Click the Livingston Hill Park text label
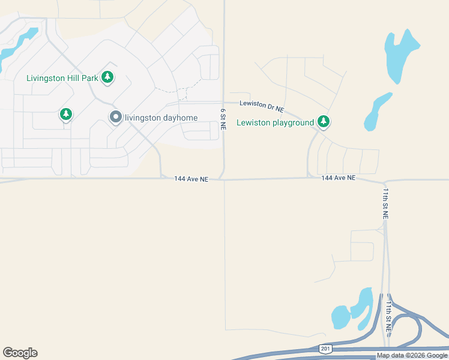[62, 77]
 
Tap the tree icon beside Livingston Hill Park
[107, 77]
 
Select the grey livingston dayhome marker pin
[115, 118]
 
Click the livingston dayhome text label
[161, 118]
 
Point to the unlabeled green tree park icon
[66, 114]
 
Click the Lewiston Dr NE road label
[261, 106]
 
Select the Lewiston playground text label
[276, 123]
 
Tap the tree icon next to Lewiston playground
[324, 122]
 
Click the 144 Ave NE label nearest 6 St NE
[191, 179]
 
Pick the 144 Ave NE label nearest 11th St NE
[338, 178]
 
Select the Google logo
[20, 353]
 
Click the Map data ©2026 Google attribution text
[412, 356]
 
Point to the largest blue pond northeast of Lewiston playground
[400, 54]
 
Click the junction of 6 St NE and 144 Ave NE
[223, 179]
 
